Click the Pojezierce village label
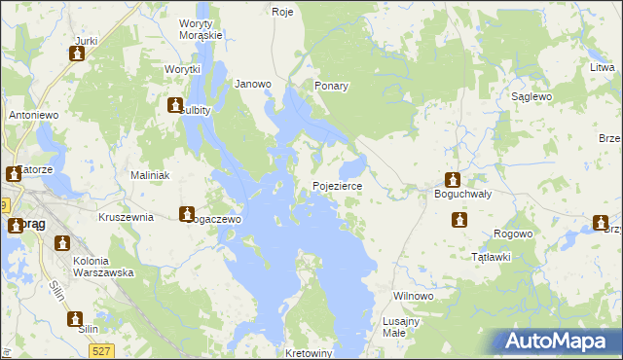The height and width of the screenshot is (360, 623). point(337,186)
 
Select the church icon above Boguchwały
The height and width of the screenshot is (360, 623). point(453,179)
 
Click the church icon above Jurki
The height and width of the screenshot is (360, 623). point(77,54)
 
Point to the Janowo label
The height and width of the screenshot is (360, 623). point(253,85)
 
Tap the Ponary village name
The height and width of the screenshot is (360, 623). point(331,86)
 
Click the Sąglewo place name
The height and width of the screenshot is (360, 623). point(532,97)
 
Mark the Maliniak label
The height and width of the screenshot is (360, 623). point(151,175)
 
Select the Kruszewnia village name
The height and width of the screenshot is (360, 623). point(126,217)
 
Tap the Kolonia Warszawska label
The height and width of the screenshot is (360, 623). point(103,267)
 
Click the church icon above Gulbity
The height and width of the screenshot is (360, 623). point(175,106)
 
